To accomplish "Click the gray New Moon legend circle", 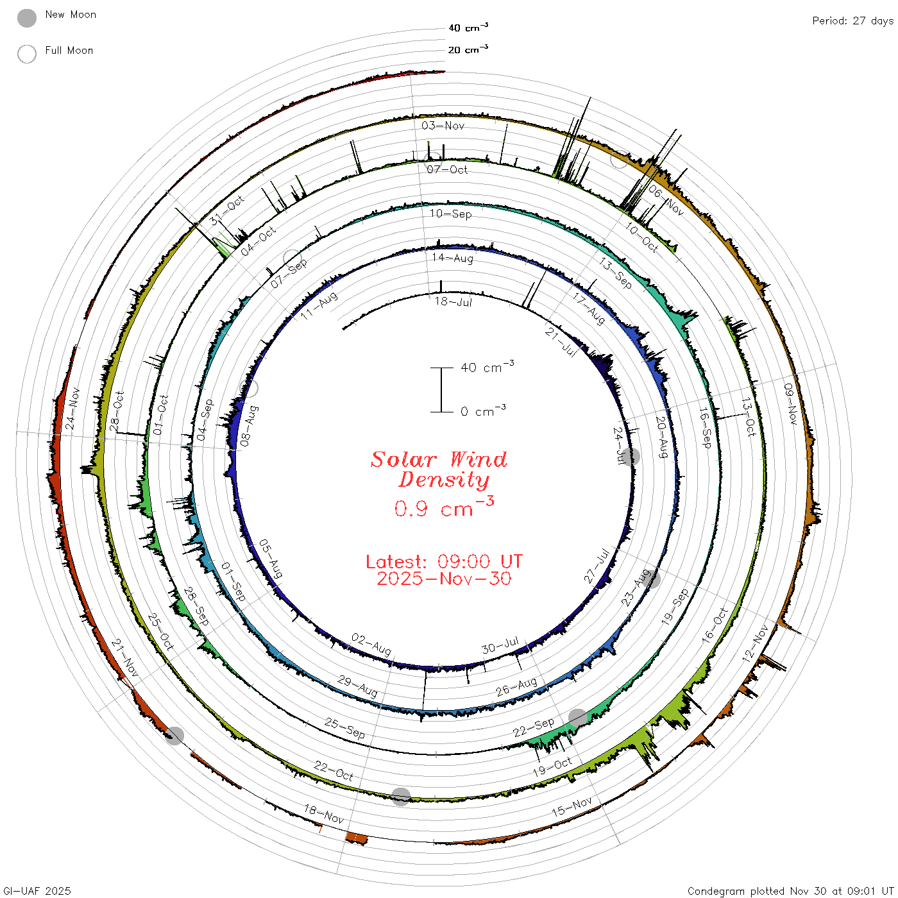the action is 27,18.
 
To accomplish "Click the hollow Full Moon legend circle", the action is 27,54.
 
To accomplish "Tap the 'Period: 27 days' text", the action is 853,21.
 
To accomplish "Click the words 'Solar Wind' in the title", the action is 439,459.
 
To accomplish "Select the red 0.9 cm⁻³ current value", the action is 444,507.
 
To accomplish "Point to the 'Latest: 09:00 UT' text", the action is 444,561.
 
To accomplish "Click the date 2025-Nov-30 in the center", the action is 444,579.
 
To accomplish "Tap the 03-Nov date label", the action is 443,125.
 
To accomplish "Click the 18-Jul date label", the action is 453,301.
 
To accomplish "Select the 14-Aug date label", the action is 452,258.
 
